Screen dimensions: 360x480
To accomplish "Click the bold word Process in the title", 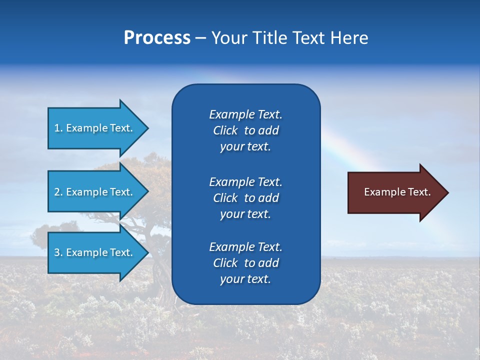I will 157,38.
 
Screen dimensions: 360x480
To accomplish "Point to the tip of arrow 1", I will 147,128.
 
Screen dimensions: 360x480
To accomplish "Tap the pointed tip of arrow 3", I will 147,252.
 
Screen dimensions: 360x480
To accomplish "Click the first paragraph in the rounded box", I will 245,130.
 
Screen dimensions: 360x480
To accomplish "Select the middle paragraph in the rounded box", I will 245,198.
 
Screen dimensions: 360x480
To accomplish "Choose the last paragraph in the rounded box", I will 245,263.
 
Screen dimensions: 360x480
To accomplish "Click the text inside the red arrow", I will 397,192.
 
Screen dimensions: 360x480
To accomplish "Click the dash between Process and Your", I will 200,38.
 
